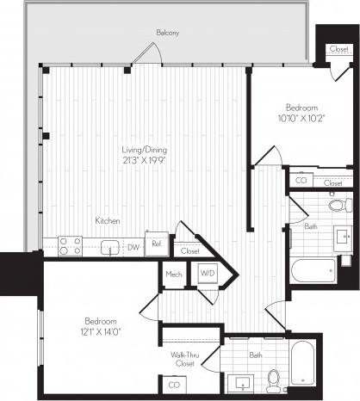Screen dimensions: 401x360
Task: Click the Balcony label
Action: pos(168,33)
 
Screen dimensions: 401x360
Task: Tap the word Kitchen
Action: pos(108,221)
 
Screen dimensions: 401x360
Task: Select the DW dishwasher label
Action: pos(133,247)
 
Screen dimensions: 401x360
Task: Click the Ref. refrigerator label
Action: pos(157,244)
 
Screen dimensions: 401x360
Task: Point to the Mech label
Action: pos(173,276)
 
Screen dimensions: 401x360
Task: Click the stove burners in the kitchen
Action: pos(69,247)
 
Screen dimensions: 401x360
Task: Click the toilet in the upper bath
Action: pos(336,206)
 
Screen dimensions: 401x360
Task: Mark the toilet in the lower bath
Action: pos(274,376)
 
